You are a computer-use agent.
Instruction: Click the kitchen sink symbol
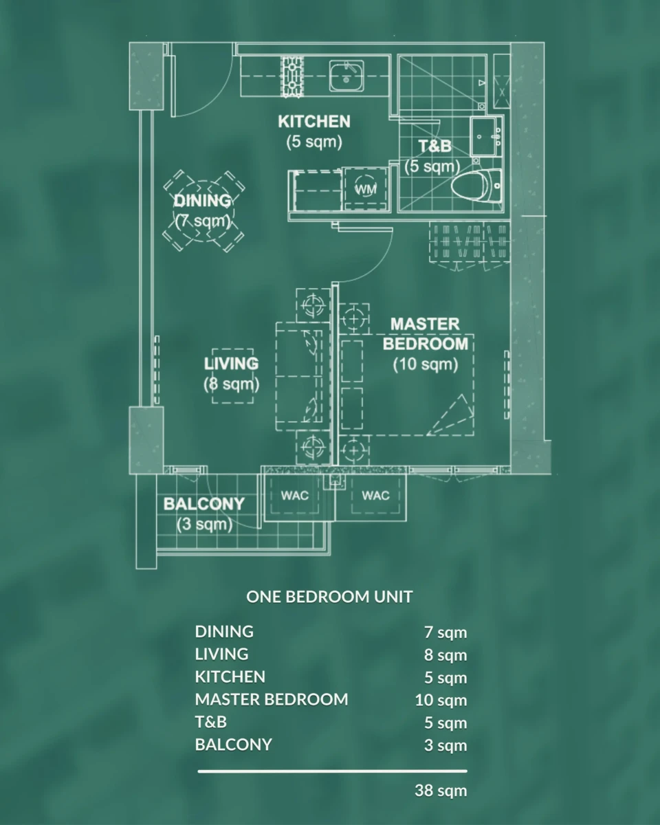point(346,76)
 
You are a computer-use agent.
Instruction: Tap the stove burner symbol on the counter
point(292,76)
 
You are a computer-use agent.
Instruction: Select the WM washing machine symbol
point(365,188)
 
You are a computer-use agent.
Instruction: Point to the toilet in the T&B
point(476,186)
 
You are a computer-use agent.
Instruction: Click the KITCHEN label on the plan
point(314,122)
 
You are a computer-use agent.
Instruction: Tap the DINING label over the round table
point(203,201)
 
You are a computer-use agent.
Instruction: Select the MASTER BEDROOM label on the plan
point(426,334)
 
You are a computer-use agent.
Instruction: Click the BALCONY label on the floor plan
point(204,504)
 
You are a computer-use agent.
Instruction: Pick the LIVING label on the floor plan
point(231,364)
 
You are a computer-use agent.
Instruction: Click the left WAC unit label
point(294,496)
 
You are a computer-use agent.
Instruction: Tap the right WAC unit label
point(375,496)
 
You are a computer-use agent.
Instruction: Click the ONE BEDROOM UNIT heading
point(329,597)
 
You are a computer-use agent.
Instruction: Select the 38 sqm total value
point(441,791)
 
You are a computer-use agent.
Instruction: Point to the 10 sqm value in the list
point(441,700)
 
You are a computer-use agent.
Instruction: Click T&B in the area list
point(210,723)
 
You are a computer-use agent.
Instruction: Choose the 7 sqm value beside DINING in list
point(445,632)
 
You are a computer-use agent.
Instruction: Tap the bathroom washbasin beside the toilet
point(486,136)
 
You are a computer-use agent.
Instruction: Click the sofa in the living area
point(303,377)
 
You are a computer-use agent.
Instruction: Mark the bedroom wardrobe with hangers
point(470,243)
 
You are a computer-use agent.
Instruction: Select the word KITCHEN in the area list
point(230,677)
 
